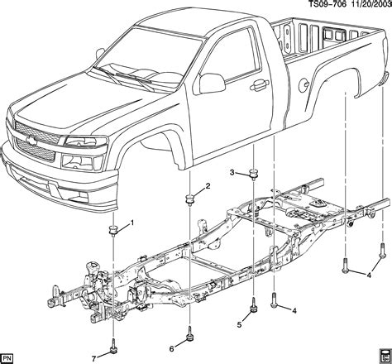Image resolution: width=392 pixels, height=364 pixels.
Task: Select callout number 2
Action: pyautogui.click(x=208, y=186)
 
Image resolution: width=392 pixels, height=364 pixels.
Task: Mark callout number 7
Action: pyautogui.click(x=93, y=357)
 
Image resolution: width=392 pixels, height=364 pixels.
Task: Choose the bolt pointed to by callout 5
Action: pyautogui.click(x=253, y=309)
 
